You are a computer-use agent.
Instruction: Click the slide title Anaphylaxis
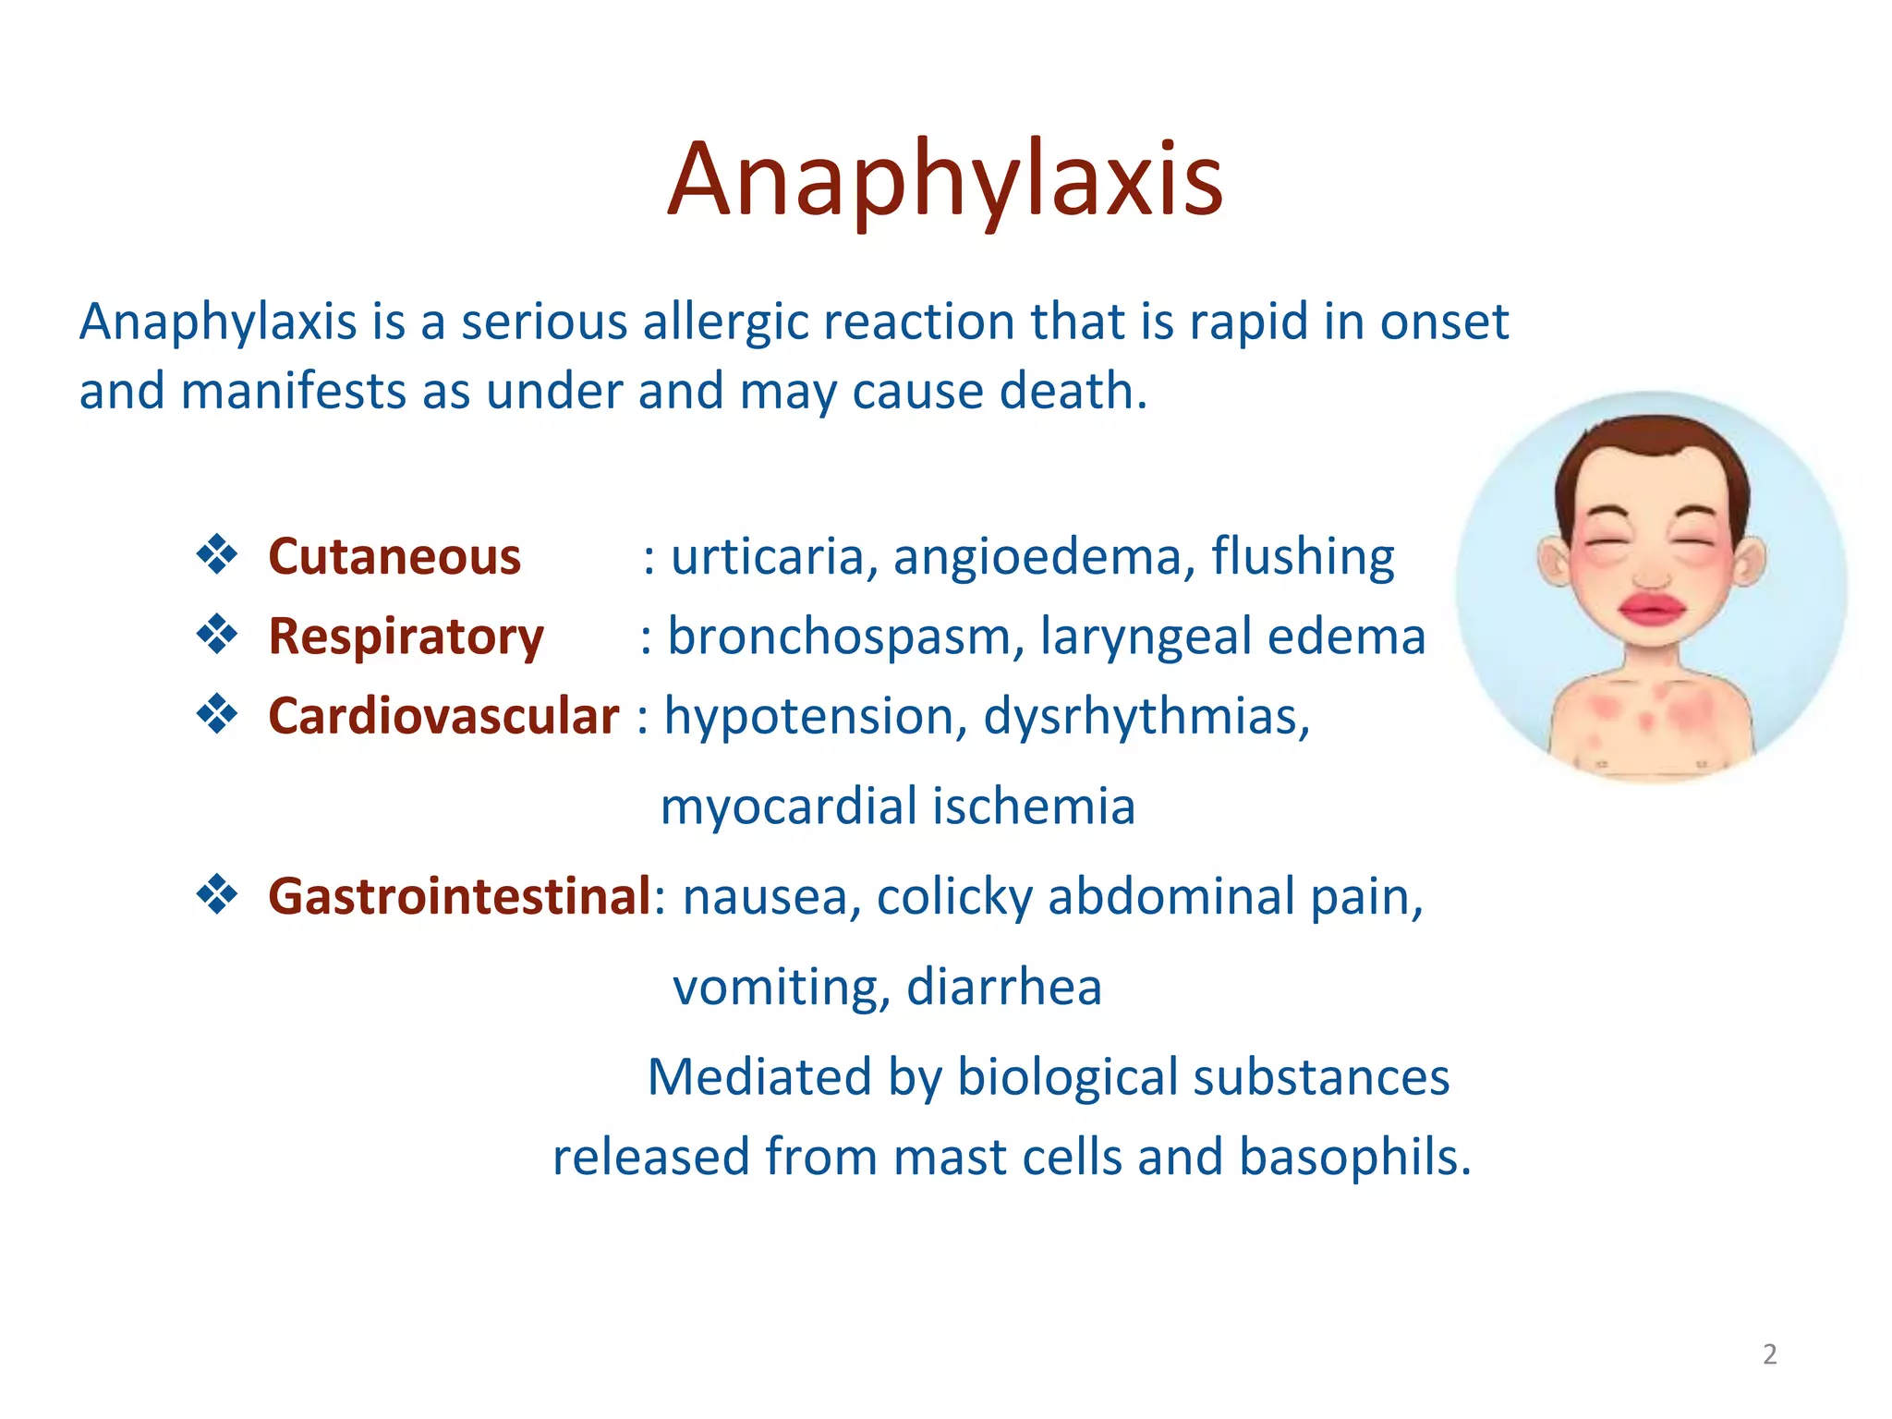coord(945,180)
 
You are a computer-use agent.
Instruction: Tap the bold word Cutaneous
coord(394,557)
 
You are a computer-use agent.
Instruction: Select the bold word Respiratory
coord(406,637)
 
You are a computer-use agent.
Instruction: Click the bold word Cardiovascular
coord(443,716)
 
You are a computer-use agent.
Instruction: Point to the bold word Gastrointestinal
coord(459,896)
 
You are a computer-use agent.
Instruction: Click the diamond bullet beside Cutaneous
coord(217,555)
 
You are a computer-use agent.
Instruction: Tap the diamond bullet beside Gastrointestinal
coord(217,895)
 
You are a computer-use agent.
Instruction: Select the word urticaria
coord(768,557)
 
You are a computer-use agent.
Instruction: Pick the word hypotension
coord(809,717)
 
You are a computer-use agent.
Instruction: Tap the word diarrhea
coord(1004,987)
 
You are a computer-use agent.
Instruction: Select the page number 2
coord(1769,1354)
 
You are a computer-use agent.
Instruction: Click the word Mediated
coord(759,1077)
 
